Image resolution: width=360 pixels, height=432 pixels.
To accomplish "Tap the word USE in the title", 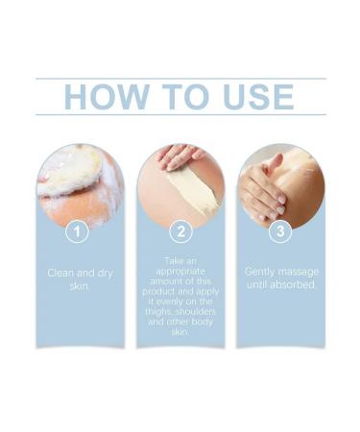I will coord(252,97).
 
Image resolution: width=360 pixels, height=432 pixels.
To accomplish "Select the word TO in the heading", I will coord(180,97).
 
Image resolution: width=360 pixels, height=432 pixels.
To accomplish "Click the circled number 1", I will coord(80,231).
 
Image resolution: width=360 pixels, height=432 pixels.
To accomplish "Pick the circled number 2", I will coord(180,231).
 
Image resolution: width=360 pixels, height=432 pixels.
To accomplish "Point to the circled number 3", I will coord(280,231).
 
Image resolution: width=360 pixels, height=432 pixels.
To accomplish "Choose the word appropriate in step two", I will coord(180,273).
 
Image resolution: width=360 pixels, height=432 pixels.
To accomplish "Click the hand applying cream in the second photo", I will coord(179,156).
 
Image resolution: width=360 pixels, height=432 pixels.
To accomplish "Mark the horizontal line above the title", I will coord(180,79).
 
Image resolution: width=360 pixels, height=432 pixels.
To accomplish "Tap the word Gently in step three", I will coord(262,273).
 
